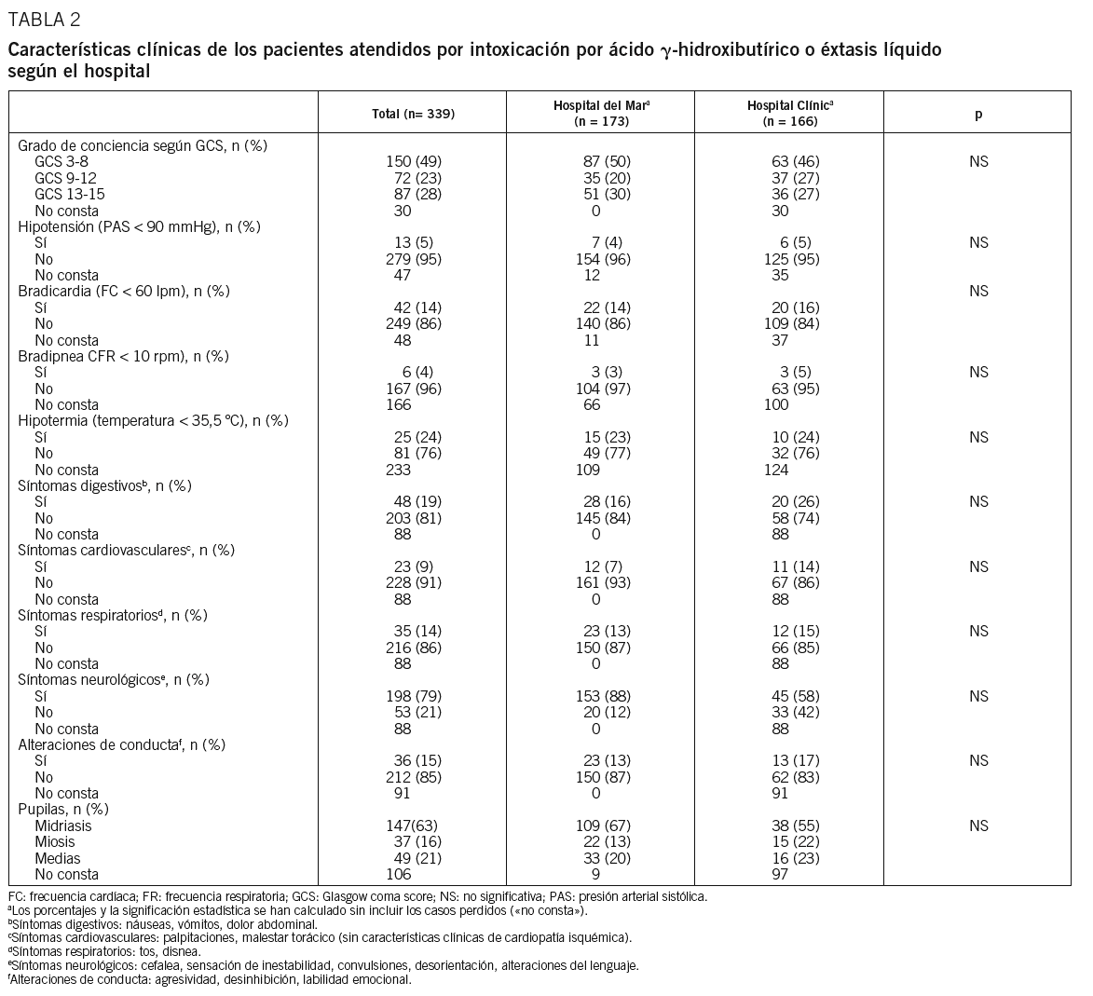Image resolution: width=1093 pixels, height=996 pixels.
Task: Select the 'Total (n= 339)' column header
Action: [414, 115]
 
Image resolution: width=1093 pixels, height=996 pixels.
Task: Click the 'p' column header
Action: [977, 115]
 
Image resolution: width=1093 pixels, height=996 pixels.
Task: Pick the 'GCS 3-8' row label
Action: [61, 162]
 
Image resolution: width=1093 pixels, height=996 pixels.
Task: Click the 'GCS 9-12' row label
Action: [65, 178]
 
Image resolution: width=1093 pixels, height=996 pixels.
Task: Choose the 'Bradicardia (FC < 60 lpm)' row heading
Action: [124, 292]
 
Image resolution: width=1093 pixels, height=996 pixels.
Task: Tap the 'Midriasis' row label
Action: [63, 825]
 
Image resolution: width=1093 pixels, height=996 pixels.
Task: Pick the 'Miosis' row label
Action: [55, 842]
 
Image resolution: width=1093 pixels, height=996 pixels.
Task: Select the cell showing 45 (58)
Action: [791, 696]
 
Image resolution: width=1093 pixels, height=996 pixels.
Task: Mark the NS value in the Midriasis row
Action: [977, 825]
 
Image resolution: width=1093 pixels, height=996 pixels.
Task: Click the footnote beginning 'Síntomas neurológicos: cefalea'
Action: [323, 966]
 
